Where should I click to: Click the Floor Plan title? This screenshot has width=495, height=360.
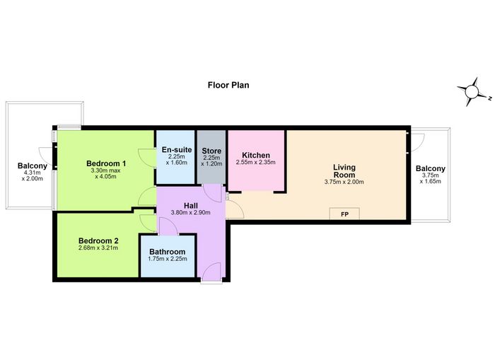[228, 86]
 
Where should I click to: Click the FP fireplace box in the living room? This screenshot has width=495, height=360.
[344, 214]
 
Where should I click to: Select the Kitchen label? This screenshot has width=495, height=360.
[256, 155]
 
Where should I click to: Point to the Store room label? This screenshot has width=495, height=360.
[211, 151]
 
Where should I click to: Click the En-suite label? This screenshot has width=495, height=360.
[177, 150]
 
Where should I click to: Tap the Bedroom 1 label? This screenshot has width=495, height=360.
[106, 163]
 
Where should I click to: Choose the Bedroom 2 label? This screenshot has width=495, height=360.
[98, 240]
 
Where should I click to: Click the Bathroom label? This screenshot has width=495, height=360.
[168, 252]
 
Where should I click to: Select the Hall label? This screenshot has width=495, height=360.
[191, 206]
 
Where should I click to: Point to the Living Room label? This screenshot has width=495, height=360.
[344, 171]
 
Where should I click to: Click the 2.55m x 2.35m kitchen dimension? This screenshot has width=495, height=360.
[256, 162]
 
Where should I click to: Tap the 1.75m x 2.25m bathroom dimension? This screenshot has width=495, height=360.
[168, 259]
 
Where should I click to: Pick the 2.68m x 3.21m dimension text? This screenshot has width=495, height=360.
[98, 248]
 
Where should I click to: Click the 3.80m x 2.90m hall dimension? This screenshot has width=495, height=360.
[191, 212]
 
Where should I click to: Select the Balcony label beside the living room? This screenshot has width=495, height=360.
[430, 168]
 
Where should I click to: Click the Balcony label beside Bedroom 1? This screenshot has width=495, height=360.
[33, 166]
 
